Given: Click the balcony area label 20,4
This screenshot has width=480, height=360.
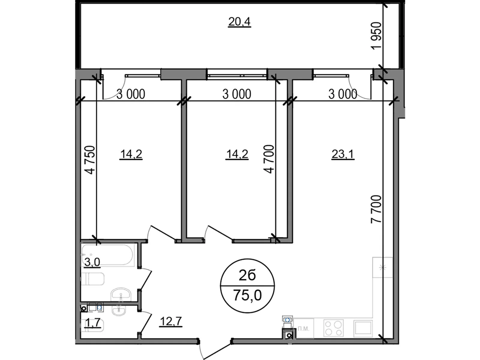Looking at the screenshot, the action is pyautogui.click(x=239, y=22).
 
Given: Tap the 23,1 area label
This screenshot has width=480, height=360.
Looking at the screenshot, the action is pyautogui.click(x=343, y=154).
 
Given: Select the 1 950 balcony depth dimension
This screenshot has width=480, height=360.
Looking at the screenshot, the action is pyautogui.click(x=377, y=36).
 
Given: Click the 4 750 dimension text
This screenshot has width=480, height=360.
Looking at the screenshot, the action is pyautogui.click(x=90, y=160).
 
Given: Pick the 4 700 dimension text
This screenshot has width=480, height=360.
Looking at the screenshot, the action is pyautogui.click(x=269, y=159).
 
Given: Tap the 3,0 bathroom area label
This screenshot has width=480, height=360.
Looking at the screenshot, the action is pyautogui.click(x=92, y=262).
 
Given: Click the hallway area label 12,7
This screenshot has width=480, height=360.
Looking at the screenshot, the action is pyautogui.click(x=171, y=322).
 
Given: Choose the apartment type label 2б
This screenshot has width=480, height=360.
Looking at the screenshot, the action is pyautogui.click(x=247, y=275).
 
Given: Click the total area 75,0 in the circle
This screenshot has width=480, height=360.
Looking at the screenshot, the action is pyautogui.click(x=247, y=295).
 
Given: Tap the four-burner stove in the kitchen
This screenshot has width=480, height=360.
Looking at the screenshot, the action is pyautogui.click(x=333, y=328).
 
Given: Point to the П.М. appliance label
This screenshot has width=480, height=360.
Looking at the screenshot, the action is pyautogui.click(x=304, y=329).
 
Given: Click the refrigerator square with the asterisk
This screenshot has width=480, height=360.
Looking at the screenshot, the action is pyautogui.click(x=382, y=267).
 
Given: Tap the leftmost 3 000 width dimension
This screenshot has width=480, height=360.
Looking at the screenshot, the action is pyautogui.click(x=130, y=94).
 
